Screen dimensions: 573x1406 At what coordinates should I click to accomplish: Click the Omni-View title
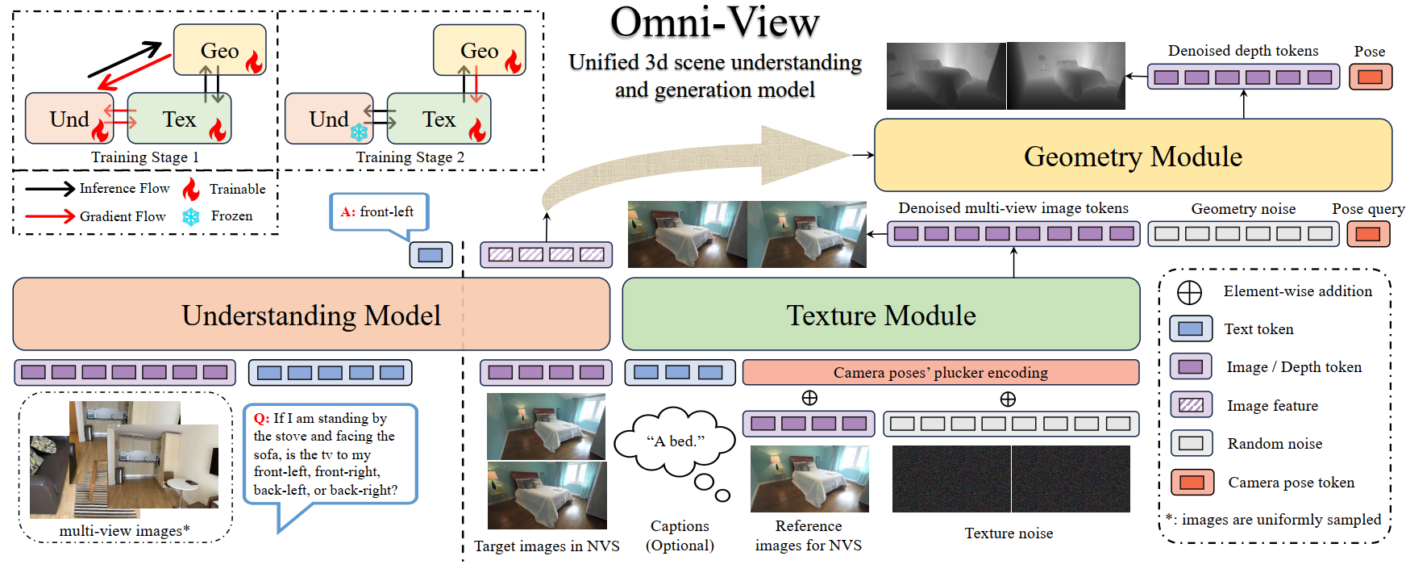714,23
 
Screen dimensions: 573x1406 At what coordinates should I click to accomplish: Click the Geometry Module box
1132,156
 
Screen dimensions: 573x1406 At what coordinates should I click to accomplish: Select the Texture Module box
880,315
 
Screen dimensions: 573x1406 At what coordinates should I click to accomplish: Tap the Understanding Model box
311,315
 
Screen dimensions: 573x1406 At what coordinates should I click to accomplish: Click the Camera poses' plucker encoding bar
940,372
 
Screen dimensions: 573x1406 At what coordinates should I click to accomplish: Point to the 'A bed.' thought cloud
675,441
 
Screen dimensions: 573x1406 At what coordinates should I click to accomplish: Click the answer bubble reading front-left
379,212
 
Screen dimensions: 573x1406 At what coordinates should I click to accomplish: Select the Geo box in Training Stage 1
219,50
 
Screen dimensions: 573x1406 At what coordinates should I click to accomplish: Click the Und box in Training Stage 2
329,119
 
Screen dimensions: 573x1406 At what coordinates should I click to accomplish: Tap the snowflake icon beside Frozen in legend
191,216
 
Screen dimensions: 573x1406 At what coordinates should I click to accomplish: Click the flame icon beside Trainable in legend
191,189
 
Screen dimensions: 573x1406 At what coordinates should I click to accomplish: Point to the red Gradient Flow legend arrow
49,216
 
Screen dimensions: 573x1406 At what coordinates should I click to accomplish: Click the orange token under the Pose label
1370,77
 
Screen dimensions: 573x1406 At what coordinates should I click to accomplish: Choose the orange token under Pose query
1367,234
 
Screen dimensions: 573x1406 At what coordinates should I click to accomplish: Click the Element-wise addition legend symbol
1189,292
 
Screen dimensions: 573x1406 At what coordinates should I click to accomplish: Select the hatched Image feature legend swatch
1191,405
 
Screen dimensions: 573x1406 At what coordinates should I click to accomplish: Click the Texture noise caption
1009,533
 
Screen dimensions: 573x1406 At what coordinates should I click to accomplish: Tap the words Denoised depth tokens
1242,51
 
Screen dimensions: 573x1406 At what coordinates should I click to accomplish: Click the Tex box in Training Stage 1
179,119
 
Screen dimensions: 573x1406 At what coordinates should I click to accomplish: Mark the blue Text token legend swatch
1191,329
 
